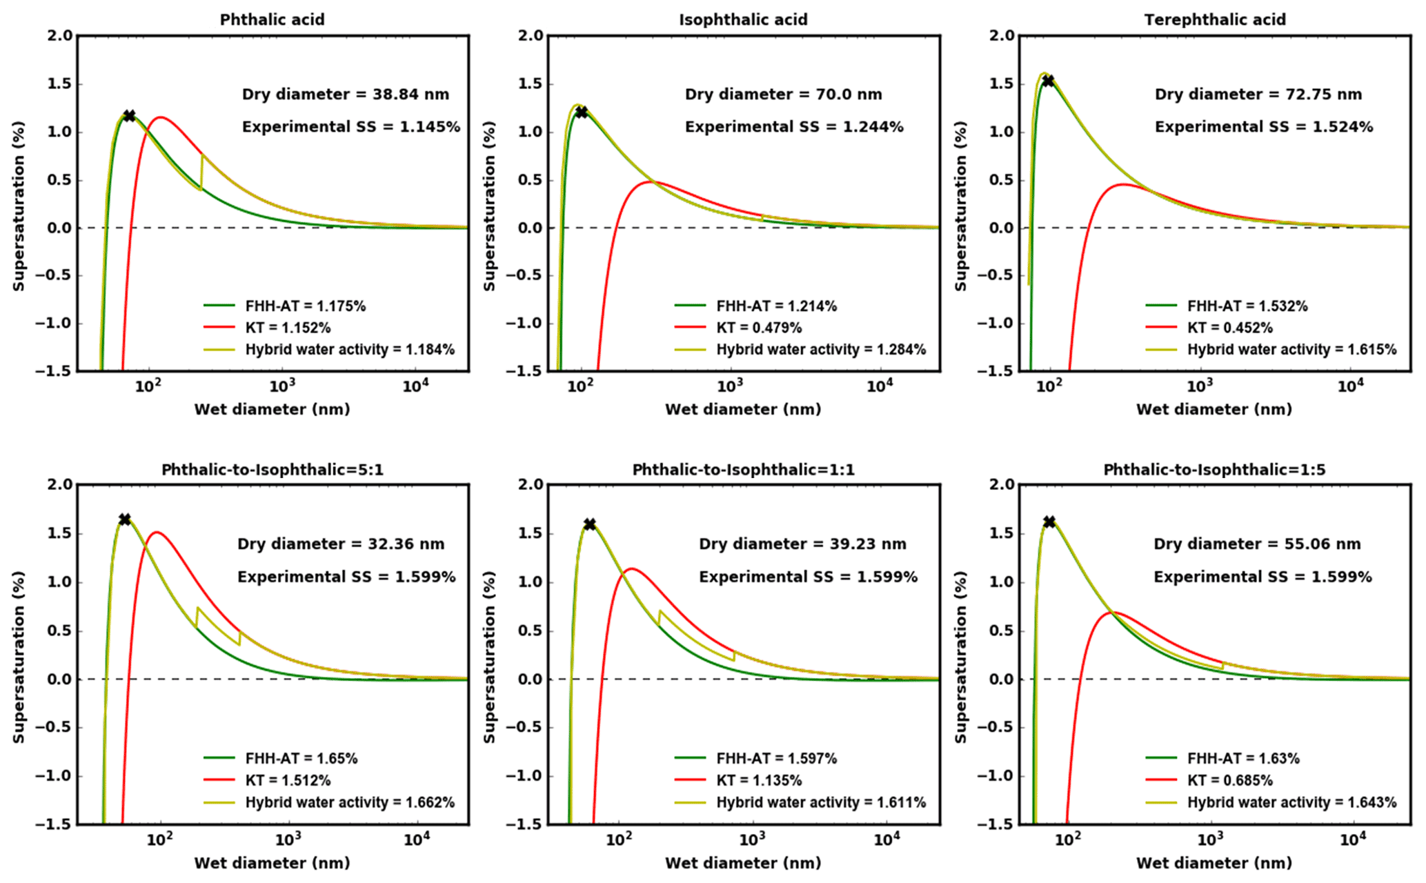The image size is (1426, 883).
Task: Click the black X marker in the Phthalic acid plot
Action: coord(129,116)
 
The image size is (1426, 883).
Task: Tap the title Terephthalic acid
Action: coord(1215,19)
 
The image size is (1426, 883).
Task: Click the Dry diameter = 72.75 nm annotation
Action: coord(1258,95)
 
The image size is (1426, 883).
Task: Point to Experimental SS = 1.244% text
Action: coord(794,127)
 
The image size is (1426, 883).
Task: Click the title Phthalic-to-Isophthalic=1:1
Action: coord(743,470)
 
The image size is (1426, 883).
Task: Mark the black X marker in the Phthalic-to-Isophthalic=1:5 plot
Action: coord(1049,522)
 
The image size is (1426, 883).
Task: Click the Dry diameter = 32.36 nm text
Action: coord(341,544)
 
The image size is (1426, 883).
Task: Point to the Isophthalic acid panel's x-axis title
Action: coord(743,409)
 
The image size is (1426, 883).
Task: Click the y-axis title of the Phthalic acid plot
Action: coord(19,206)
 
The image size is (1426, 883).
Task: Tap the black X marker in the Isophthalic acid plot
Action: coord(582,112)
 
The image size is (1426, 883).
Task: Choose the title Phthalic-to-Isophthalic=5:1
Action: coord(273,470)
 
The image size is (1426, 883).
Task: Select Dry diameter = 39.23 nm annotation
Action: coord(802,544)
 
